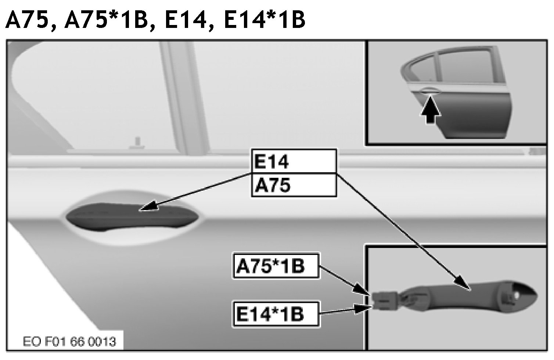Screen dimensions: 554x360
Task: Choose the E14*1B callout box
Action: click(276, 314)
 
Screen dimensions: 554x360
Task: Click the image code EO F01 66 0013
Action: click(69, 342)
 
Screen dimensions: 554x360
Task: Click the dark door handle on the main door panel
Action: click(132, 217)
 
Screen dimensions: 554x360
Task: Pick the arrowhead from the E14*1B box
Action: click(363, 308)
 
